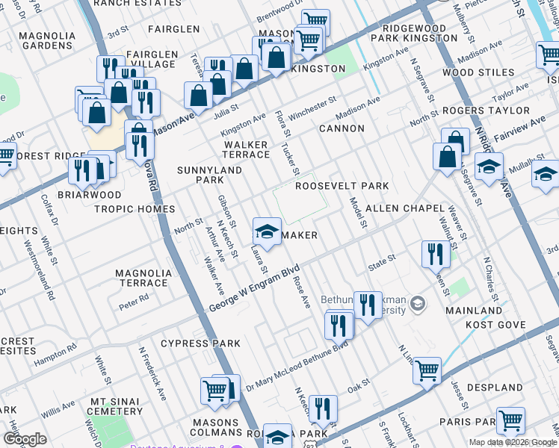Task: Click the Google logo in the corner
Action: (25, 439)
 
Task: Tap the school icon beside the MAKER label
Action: (266, 231)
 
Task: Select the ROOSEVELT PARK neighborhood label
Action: (342, 186)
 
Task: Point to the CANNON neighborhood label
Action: (342, 128)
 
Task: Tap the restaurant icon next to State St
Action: (433, 255)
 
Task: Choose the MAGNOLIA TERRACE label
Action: (142, 278)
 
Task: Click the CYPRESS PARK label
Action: (200, 344)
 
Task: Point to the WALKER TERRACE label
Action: (247, 149)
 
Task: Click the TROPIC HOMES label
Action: (135, 209)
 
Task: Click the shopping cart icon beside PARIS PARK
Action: (511, 421)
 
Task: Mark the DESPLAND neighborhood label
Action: (495, 388)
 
